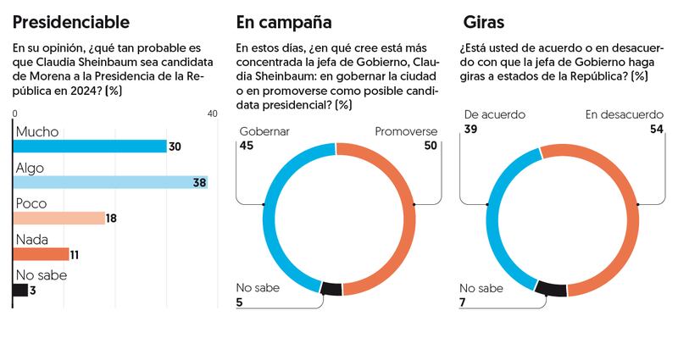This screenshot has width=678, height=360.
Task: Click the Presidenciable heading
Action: (x=72, y=22)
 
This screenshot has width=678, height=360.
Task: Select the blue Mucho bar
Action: (x=90, y=147)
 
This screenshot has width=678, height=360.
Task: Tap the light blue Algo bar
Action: (x=110, y=182)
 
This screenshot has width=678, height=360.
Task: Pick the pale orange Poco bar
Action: (x=58, y=218)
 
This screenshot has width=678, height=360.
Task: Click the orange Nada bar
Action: (x=41, y=254)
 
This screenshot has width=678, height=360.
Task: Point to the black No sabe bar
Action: (x=19, y=290)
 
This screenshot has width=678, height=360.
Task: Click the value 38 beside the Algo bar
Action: (x=200, y=183)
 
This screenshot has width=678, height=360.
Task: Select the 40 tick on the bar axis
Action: (x=212, y=114)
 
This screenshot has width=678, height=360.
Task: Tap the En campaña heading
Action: (x=284, y=22)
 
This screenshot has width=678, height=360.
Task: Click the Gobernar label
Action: (x=264, y=132)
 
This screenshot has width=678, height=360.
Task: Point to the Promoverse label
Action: (x=406, y=132)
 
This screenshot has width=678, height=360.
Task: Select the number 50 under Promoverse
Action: (x=429, y=147)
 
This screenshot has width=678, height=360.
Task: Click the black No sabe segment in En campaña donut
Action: (x=332, y=288)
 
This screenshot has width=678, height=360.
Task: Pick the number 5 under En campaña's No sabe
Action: (x=241, y=302)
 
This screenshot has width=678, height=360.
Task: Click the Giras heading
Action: (x=484, y=22)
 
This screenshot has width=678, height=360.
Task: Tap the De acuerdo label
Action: (x=495, y=114)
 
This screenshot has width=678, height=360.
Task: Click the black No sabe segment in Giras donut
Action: (x=552, y=288)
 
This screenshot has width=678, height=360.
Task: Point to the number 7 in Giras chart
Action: (x=463, y=302)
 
